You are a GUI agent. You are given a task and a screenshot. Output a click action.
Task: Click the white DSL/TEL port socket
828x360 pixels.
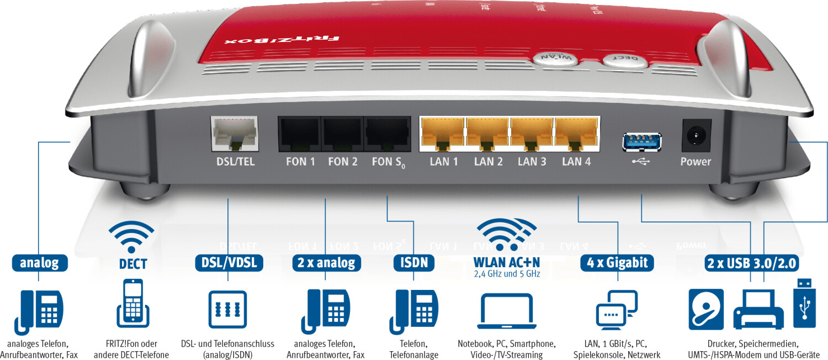pyautogui.click(x=235, y=134)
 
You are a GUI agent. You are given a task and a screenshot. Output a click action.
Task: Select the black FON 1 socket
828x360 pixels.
pyautogui.click(x=299, y=134)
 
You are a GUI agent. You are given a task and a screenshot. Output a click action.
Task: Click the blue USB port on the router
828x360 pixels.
pyautogui.click(x=641, y=142)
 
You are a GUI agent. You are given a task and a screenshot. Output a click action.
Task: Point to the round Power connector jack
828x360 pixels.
pyautogui.click(x=696, y=135)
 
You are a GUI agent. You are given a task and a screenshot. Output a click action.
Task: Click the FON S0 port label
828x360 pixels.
pyautogui.click(x=389, y=162)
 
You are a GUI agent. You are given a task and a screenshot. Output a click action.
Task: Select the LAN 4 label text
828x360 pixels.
pyautogui.click(x=576, y=162)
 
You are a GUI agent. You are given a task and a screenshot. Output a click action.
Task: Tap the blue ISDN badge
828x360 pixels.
pyautogui.click(x=414, y=263)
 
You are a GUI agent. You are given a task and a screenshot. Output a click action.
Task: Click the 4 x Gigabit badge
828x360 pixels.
pyautogui.click(x=617, y=263)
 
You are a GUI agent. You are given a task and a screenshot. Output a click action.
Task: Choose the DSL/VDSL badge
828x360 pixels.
pyautogui.click(x=229, y=263)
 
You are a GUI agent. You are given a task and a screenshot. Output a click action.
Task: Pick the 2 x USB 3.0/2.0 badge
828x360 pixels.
pyautogui.click(x=751, y=263)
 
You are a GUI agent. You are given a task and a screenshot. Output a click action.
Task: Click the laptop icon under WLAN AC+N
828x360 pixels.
pyautogui.click(x=507, y=311)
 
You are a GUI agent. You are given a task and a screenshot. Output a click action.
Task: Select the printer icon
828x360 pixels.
pyautogui.click(x=758, y=310)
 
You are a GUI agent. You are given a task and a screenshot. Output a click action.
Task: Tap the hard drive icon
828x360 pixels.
pyautogui.click(x=706, y=309)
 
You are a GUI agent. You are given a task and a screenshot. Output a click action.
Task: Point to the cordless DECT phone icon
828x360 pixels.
pyautogui.click(x=133, y=304)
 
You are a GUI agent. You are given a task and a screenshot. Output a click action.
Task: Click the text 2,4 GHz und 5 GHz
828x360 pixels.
pyautogui.click(x=507, y=274)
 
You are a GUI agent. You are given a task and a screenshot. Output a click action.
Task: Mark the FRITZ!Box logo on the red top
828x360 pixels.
pyautogui.click(x=282, y=39)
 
